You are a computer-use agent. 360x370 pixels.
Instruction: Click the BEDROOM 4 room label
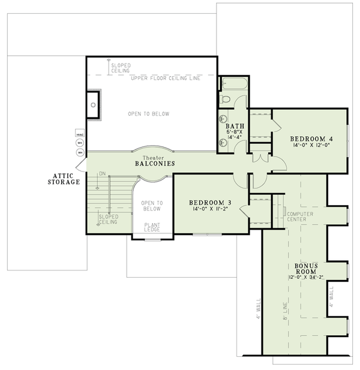(312, 139)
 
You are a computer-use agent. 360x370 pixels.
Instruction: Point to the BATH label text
(233, 127)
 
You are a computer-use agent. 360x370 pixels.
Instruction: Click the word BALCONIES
(154, 163)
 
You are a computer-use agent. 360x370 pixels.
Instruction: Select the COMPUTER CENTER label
(296, 216)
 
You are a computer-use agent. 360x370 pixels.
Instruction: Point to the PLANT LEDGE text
(152, 228)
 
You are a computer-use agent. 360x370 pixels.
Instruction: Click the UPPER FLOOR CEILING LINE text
(160, 79)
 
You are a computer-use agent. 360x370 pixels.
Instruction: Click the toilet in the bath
(225, 99)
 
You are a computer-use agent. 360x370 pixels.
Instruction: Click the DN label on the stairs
(103, 174)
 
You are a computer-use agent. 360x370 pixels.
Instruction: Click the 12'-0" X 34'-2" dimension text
(306, 277)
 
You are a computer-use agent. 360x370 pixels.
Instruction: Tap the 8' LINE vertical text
(286, 311)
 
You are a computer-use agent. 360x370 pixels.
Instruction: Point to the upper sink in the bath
(224, 118)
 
